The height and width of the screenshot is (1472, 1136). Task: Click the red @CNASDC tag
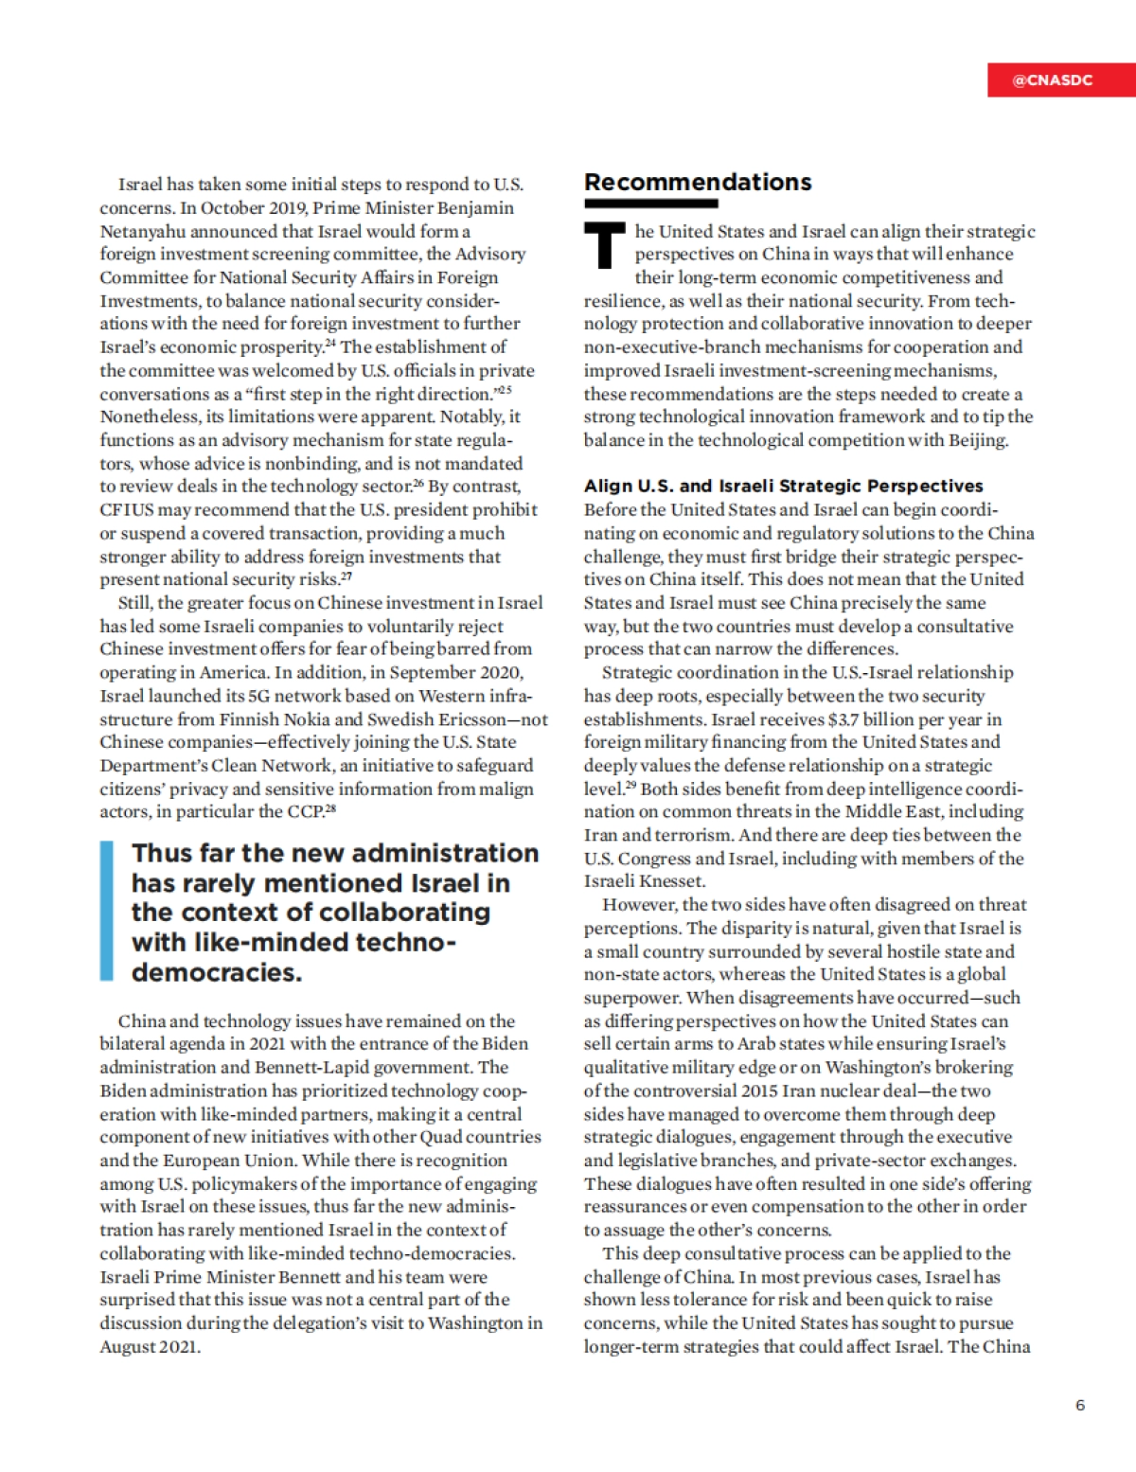click(x=1053, y=80)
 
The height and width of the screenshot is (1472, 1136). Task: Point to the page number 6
click(x=1080, y=1405)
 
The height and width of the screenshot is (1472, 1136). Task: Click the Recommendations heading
click(x=698, y=182)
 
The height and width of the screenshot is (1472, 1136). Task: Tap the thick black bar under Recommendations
click(x=650, y=204)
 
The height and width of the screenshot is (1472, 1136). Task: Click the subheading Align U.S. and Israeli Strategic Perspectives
click(x=783, y=486)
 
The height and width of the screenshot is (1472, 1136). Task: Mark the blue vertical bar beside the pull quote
click(x=107, y=911)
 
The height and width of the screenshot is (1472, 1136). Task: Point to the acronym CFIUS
click(x=126, y=509)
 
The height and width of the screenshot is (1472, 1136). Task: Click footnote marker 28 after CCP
click(x=330, y=809)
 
